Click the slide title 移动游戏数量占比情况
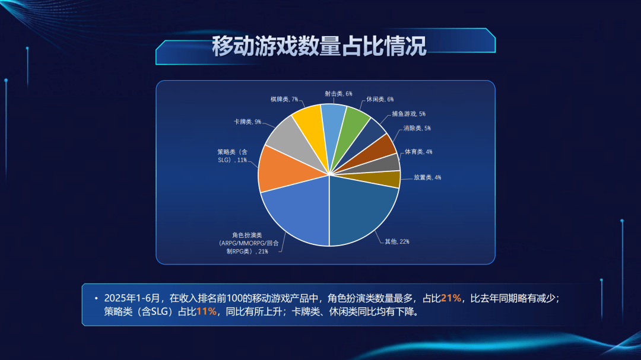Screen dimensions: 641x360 click(319, 46)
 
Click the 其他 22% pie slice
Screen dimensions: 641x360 click(360, 208)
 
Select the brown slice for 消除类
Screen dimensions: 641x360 click(380, 151)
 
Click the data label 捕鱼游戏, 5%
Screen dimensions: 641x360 click(408, 114)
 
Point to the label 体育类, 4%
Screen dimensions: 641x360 click(418, 152)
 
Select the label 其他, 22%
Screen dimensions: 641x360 click(397, 241)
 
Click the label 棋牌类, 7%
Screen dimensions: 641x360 click(284, 99)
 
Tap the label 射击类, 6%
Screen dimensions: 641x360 click(338, 94)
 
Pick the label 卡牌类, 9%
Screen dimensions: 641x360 click(247, 122)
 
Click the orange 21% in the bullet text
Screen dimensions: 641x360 click(451, 298)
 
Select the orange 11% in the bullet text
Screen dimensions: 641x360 click(207, 311)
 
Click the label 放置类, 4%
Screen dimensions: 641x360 click(427, 177)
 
